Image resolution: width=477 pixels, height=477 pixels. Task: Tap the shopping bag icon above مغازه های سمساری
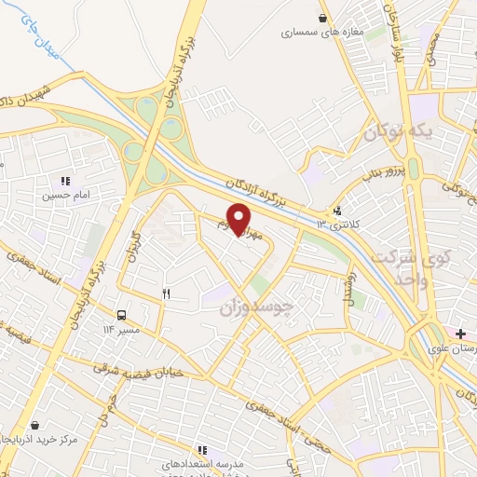322,17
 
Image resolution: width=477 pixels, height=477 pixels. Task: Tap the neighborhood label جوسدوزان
260,306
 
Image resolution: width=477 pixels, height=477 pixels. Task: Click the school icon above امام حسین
64,181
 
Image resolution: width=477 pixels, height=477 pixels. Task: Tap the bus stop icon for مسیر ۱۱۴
122,315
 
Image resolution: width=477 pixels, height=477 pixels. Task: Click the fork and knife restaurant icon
167,294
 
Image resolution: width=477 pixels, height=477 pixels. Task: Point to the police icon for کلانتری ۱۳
336,211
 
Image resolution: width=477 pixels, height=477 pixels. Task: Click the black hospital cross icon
461,332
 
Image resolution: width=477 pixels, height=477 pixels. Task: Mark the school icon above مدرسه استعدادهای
202,450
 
